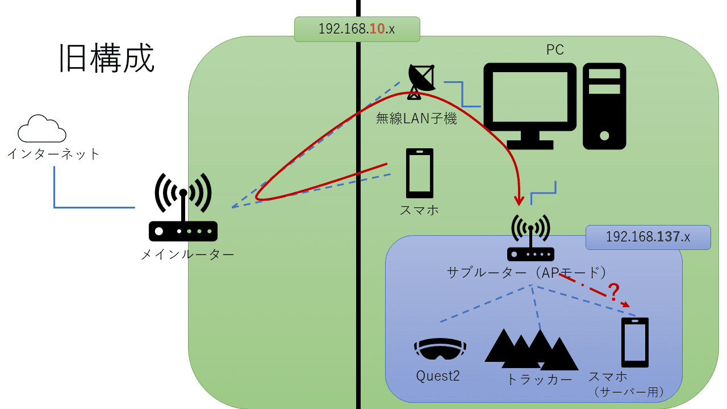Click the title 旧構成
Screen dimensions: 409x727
coord(107,59)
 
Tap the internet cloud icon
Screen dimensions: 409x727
coord(41,129)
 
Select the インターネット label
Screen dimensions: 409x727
coord(53,154)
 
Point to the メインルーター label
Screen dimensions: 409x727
coord(187,254)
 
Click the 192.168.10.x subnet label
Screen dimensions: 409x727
coord(357,29)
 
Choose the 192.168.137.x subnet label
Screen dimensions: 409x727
coord(648,237)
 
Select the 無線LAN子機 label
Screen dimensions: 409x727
coord(416,119)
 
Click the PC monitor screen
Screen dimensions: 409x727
coord(529,97)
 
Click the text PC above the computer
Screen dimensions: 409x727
coord(555,50)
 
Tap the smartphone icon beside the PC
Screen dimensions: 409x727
coord(420,173)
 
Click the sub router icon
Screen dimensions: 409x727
coord(530,238)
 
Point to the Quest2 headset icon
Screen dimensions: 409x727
coord(440,348)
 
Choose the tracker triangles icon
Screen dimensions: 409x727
coord(530,348)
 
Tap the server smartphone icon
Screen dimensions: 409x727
coord(635,342)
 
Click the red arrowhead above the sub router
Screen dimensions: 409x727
coord(519,201)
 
